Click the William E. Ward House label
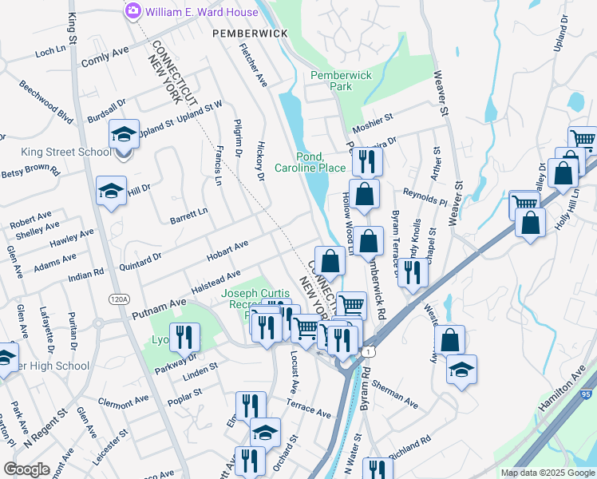[x=202, y=12]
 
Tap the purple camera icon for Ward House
[x=132, y=12]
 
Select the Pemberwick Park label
[x=342, y=80]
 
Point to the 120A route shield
[x=119, y=299]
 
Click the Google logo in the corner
[x=26, y=469]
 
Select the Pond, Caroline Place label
[x=310, y=162]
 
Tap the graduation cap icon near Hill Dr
[x=111, y=190]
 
